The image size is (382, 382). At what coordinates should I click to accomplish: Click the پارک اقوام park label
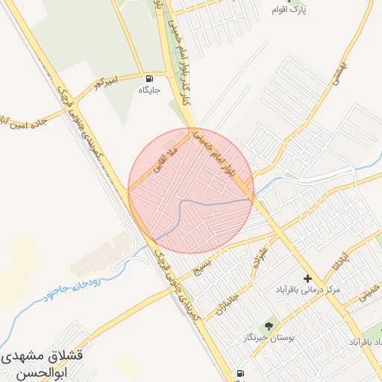(x=311, y=10)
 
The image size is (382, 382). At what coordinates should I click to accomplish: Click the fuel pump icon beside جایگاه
(x=150, y=78)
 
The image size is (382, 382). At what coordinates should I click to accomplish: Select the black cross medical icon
(x=307, y=278)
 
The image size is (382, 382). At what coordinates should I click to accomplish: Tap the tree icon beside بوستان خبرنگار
(x=269, y=325)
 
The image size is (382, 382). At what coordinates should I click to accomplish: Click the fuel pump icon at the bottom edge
(x=239, y=373)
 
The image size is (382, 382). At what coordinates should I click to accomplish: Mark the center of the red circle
(x=191, y=190)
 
